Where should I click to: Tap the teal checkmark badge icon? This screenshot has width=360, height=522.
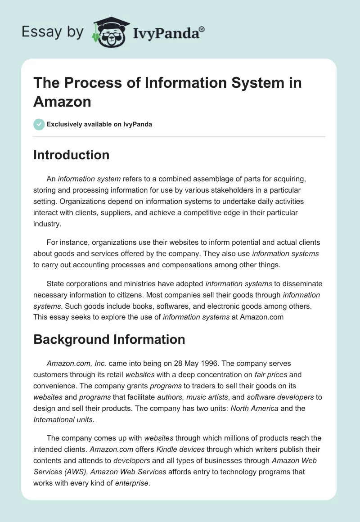click(39, 124)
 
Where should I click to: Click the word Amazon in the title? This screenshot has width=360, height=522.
click(62, 101)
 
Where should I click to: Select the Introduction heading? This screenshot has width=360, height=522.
click(72, 155)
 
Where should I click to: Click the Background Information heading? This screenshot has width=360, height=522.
click(109, 339)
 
